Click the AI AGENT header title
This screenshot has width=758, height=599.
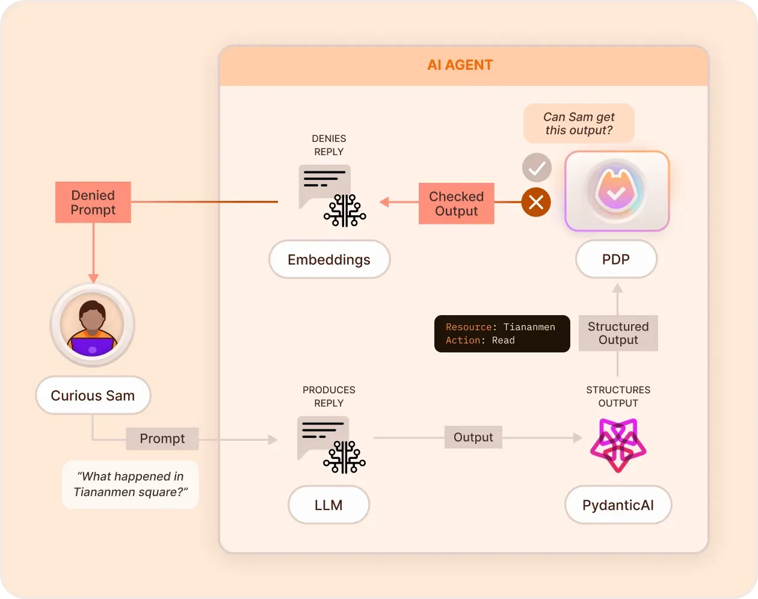click(460, 65)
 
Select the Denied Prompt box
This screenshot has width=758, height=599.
click(93, 203)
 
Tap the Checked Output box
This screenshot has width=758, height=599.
click(456, 204)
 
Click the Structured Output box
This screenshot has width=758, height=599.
click(618, 333)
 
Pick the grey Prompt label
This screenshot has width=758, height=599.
click(162, 438)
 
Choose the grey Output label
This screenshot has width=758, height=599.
click(473, 437)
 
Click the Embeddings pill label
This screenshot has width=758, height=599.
click(329, 260)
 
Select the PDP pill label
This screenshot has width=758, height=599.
click(616, 259)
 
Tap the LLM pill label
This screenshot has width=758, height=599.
click(328, 505)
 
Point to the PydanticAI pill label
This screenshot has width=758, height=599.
click(618, 505)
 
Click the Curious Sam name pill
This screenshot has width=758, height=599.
click(93, 396)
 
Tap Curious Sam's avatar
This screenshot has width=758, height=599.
click(93, 325)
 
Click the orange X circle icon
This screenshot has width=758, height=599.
click(536, 202)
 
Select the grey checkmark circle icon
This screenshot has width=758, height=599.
click(537, 168)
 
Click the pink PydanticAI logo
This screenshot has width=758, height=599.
click(618, 446)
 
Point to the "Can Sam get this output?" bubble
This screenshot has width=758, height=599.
click(579, 124)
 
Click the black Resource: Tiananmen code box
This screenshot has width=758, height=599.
click(502, 334)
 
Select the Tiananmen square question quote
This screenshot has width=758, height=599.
click(131, 484)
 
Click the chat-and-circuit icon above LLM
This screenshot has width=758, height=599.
click(331, 444)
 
